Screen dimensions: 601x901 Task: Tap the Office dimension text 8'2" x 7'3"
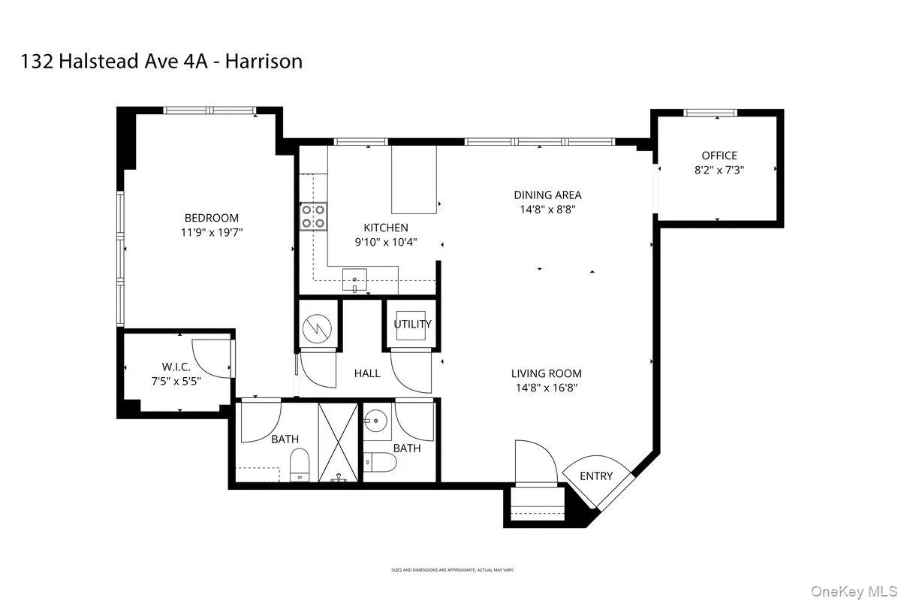coord(719,171)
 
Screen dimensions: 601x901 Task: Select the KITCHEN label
coord(386,228)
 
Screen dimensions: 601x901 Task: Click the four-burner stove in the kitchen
coord(313,216)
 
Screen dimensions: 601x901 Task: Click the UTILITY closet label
coord(412,325)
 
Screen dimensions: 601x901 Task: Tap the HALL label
coord(367,373)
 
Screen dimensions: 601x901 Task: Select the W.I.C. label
coord(176,367)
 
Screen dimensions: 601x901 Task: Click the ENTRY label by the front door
coord(596,476)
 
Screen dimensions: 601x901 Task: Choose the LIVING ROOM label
coord(546,373)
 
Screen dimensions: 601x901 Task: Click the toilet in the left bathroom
coord(299,465)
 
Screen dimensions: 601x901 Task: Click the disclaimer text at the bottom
coord(452,570)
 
